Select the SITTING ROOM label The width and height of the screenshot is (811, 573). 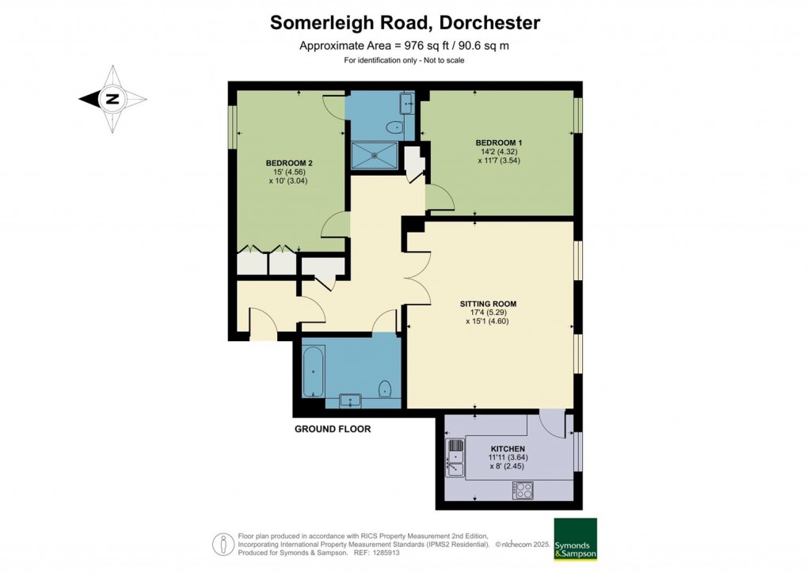click(488, 305)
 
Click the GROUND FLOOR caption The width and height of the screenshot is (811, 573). click(333, 429)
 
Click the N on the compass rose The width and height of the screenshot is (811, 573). click(112, 99)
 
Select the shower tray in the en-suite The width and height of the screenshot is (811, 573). click(375, 156)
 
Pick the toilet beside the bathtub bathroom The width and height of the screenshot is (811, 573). click(385, 389)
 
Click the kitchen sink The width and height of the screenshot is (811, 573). click(455, 457)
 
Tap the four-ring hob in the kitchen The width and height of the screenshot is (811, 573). click(523, 490)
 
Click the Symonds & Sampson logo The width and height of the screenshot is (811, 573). click(575, 539)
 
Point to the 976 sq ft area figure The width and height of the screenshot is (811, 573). click(420, 46)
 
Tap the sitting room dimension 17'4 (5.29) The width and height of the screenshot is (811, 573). click(488, 313)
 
